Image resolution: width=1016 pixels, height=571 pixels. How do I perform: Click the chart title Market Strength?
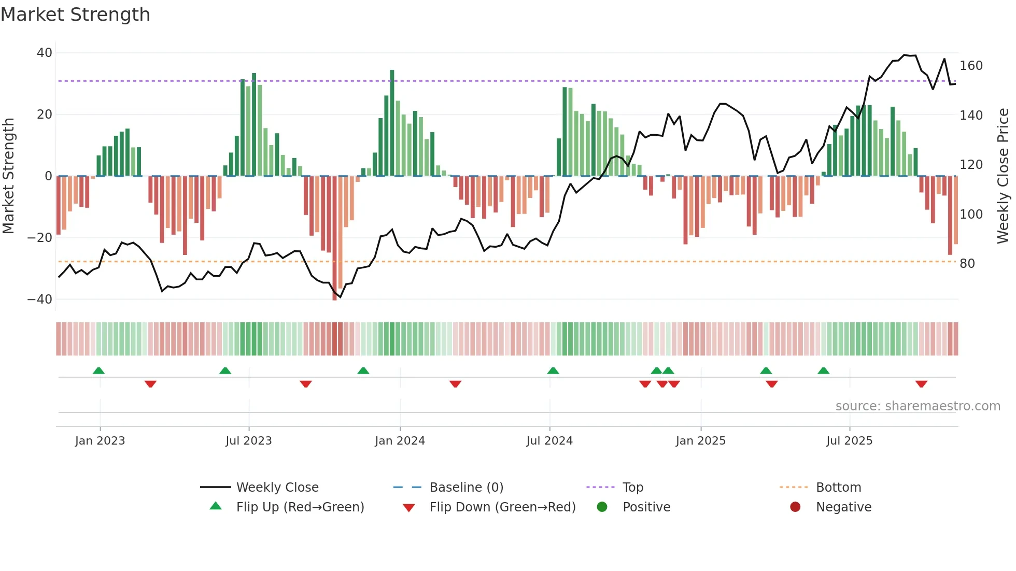tap(75, 15)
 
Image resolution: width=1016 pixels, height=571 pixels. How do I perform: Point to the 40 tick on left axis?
tap(45, 53)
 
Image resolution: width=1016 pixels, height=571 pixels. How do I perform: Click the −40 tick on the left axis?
tap(40, 299)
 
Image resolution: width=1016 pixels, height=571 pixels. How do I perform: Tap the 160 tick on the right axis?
tap(971, 66)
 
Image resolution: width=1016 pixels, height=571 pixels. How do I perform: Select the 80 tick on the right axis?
tap(967, 264)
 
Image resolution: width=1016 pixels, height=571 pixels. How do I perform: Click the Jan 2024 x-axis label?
tap(400, 441)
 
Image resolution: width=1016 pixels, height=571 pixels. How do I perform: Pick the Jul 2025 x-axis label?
tap(849, 441)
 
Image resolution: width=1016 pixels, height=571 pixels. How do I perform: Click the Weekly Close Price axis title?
tap(1003, 176)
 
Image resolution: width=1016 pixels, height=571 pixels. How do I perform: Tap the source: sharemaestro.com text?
tap(918, 406)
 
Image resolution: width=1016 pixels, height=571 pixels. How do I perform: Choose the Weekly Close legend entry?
tap(277, 488)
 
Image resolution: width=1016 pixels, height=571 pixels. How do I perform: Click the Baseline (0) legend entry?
tap(466, 488)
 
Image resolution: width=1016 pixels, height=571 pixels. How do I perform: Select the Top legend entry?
tap(632, 488)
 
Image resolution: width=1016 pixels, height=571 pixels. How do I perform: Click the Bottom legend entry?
tap(838, 488)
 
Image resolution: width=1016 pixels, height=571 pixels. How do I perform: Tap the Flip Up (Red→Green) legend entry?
tap(300, 507)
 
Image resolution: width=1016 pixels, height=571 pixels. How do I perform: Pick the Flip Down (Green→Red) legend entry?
tap(502, 507)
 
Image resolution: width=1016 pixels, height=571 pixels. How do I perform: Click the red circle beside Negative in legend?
tap(795, 507)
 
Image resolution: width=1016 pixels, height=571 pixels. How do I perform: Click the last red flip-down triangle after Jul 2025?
tap(921, 384)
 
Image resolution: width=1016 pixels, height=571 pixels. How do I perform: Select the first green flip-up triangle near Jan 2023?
tap(98, 370)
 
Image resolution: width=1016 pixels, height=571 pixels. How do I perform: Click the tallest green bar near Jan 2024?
tap(392, 123)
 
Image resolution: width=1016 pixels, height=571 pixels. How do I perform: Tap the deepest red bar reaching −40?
tap(334, 238)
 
